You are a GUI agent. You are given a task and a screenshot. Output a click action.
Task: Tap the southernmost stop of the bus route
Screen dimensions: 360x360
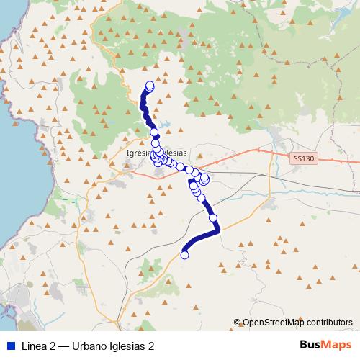pyautogui.click(x=184, y=254)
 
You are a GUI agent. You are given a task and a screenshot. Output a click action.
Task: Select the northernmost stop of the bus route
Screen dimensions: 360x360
pyautogui.click(x=150, y=85)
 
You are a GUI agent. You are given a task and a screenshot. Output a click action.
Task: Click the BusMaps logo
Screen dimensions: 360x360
pyautogui.click(x=322, y=345)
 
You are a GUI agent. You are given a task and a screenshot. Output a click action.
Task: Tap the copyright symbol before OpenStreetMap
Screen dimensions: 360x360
pyautogui.click(x=238, y=323)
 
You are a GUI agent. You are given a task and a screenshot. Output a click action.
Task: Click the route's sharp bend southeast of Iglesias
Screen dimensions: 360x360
pyautogui.click(x=217, y=229)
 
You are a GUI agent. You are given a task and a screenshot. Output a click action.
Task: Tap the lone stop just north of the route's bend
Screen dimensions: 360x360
pyautogui.click(x=213, y=217)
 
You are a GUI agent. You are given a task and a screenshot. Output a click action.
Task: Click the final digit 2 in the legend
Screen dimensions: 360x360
pyautogui.click(x=151, y=346)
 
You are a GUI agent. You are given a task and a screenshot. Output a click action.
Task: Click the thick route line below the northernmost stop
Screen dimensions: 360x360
pyautogui.click(x=144, y=101)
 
